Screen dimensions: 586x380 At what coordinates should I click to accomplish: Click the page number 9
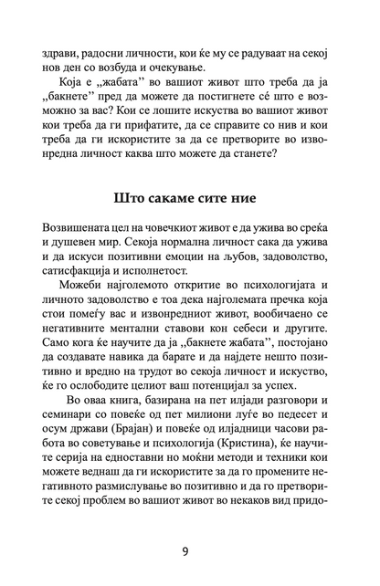[190, 549]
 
